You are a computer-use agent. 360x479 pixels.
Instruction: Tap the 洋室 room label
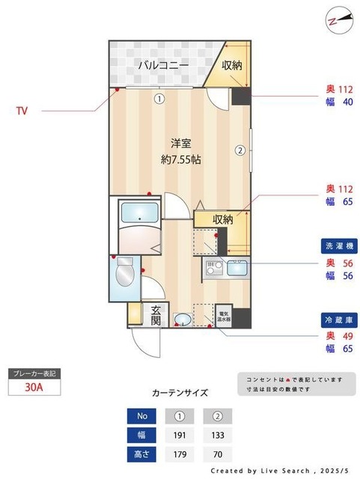click(180, 143)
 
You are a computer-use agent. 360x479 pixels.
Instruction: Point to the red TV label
click(22, 111)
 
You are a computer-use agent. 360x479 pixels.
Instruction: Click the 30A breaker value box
click(34, 388)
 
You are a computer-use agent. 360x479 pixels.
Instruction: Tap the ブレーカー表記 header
click(34, 373)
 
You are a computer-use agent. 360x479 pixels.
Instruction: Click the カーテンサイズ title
click(180, 392)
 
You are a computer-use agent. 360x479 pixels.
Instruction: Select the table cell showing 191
click(180, 434)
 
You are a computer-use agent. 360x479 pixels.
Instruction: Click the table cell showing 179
click(180, 453)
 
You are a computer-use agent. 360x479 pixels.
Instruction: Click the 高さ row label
click(142, 453)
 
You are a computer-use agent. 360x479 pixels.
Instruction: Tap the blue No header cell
click(142, 416)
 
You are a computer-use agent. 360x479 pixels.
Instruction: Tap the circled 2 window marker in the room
click(240, 149)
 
